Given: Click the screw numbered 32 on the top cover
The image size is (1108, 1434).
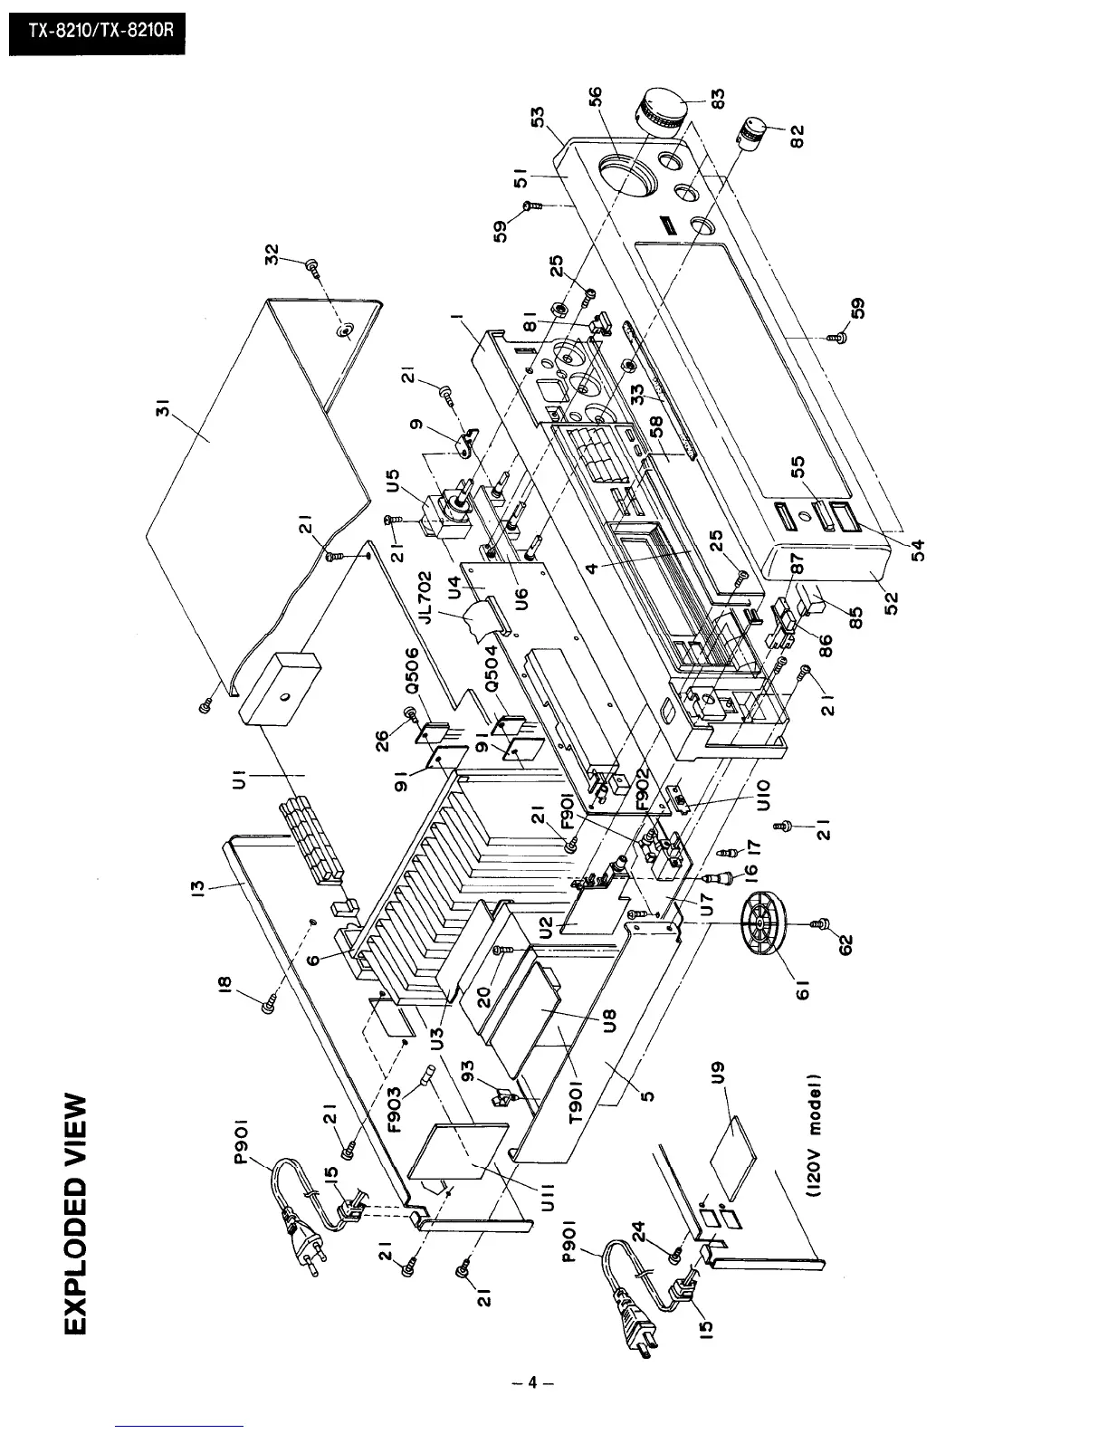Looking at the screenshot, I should tap(313, 266).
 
